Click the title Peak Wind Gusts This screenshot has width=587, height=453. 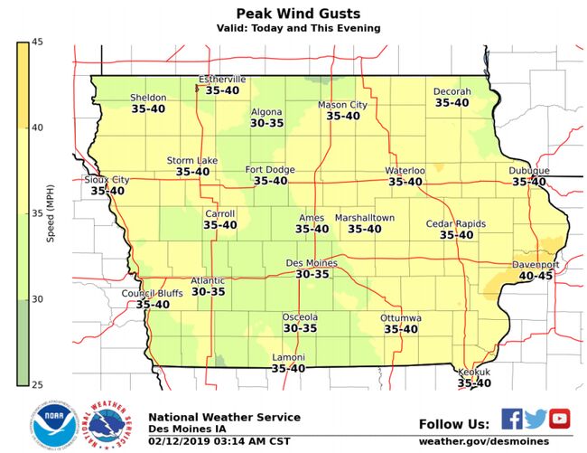pos(298,13)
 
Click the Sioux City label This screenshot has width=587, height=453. pos(107,180)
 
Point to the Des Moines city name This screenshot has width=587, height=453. pos(312,262)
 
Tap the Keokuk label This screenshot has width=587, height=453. pos(474,372)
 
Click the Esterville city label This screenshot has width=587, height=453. pos(222,79)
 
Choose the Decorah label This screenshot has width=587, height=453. pos(452,91)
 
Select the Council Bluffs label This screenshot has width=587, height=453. pos(153,293)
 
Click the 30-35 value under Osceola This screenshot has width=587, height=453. pos(300,328)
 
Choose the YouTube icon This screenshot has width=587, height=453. pos(560,418)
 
